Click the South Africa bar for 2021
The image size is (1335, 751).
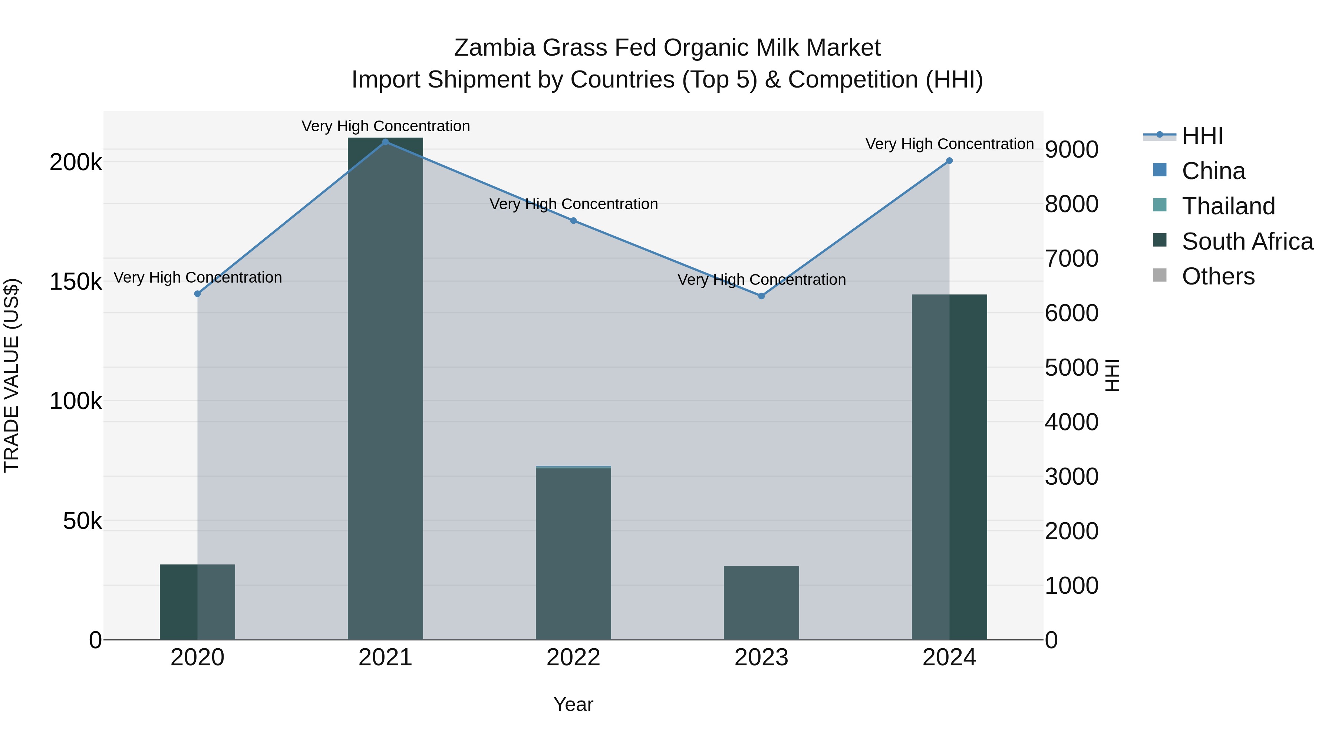pos(385,389)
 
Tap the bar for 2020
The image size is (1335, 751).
pos(197,602)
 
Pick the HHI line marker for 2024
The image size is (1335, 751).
pos(949,161)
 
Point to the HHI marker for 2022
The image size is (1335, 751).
pos(573,221)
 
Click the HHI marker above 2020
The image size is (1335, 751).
pos(197,294)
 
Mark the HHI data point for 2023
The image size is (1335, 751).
pos(761,296)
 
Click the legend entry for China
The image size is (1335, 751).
pos(1213,171)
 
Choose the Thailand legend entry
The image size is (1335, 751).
pos(1228,206)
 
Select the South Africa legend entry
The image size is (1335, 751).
pos(1247,241)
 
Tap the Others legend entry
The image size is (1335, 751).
pos(1218,277)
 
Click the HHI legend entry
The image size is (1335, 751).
pos(1202,136)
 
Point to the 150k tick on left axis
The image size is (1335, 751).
pos(76,283)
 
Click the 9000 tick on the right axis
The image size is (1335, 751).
pos(1071,150)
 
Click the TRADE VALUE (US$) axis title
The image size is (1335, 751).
pos(11,375)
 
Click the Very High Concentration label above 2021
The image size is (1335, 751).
pos(386,126)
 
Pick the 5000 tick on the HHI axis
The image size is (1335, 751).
pos(1071,368)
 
